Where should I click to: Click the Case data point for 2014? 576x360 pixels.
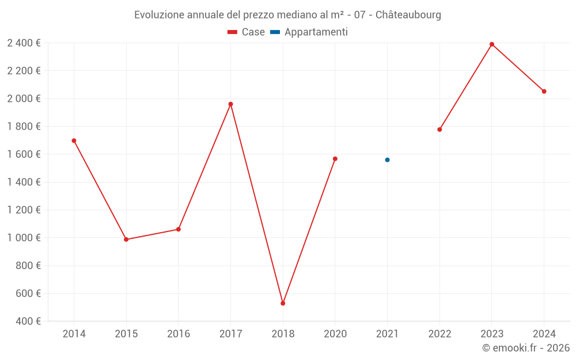coord(74,141)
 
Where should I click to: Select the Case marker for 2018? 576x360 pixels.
coord(283,303)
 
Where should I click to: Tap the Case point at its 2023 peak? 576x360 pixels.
coord(492,44)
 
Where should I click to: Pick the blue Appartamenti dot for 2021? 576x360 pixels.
coord(387,160)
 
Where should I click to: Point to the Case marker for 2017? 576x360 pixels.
coord(230,104)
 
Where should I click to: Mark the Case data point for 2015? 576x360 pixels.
coord(126,239)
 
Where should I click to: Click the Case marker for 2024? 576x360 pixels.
coord(544,91)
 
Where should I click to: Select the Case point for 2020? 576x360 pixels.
coord(335,158)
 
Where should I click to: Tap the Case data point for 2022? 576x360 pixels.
coord(439,130)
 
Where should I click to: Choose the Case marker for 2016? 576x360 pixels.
coord(179,229)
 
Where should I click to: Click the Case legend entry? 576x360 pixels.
coord(247,32)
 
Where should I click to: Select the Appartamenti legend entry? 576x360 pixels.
coord(309,32)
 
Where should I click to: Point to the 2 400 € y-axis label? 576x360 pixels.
coord(24,43)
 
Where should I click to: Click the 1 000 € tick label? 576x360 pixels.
coord(24,238)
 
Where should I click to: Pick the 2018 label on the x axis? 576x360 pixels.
coord(283,334)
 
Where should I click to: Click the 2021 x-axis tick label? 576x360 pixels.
coord(387,334)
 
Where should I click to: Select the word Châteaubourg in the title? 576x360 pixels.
coord(408,15)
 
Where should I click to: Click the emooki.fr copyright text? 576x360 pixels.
coord(526,348)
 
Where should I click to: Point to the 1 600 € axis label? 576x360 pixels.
coord(24,154)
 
